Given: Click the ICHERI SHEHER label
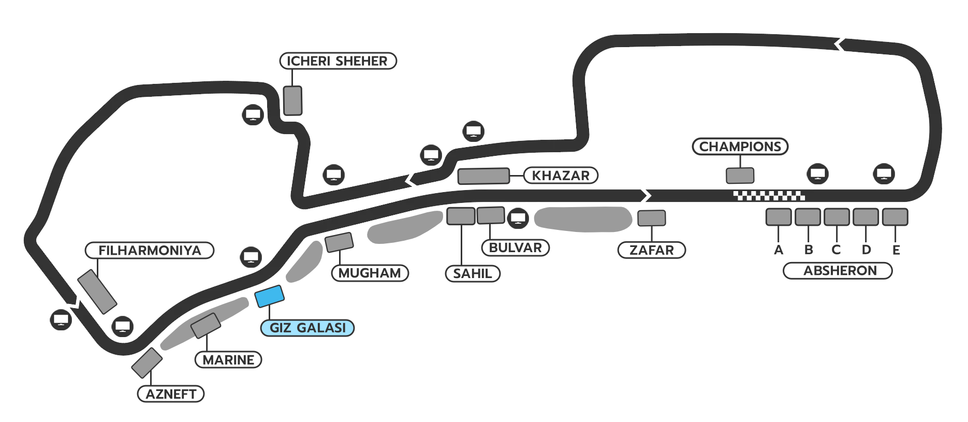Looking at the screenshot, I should tap(338, 61).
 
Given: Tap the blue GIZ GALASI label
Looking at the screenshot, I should tap(307, 328).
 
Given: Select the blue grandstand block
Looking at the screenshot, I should tap(269, 296).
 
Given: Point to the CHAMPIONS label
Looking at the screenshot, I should tap(740, 147).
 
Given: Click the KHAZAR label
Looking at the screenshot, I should tap(561, 176).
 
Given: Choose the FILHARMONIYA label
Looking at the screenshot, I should tap(150, 251).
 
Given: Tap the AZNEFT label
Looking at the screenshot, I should tap(171, 394).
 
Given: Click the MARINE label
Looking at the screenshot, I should tap(228, 360).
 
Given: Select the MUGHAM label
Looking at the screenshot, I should tap(370, 273).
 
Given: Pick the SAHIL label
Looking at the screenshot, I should tap(473, 273).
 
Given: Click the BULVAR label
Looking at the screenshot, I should tap(515, 248).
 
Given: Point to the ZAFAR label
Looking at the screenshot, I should tap(651, 250).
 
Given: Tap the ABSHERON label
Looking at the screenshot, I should tap(840, 271).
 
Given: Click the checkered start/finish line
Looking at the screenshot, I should tap(769, 196).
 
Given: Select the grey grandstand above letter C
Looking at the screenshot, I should tap(837, 217).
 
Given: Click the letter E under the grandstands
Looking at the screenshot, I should tap(896, 250).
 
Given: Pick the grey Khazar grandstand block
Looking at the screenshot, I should tap(483, 176).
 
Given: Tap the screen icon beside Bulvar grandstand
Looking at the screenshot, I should tap(518, 218).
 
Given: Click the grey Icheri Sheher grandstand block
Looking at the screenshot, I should tap(292, 100).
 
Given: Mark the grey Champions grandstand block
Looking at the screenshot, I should tap(740, 176).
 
